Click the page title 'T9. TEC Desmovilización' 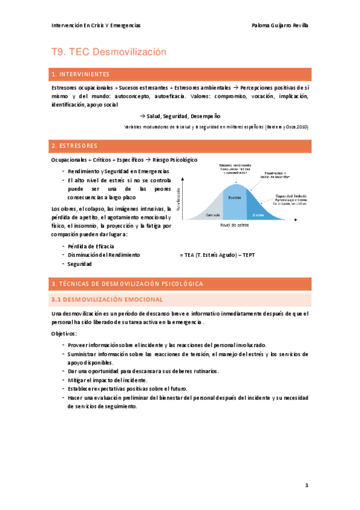(108, 52)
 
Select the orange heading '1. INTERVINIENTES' (81, 75)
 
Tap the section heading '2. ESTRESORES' (75, 146)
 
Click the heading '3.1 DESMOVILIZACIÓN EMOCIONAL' (108, 299)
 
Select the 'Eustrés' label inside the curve (235, 197)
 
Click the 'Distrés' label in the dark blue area (258, 215)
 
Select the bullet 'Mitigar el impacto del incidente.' (107, 380)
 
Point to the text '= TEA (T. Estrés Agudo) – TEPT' (217, 255)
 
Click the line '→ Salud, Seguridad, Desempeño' (176, 115)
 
